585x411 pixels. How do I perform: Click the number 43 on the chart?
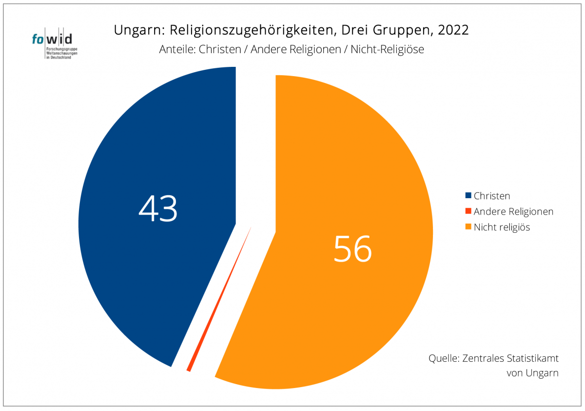158,208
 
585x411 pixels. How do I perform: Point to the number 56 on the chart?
352,248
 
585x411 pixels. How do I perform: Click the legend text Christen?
492,196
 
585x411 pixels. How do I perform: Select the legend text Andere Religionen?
513,211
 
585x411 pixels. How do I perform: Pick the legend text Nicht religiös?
502,227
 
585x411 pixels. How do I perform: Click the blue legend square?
468,196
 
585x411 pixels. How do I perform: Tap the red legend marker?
468,211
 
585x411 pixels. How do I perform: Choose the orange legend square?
468,227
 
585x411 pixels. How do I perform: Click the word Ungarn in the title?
134,30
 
